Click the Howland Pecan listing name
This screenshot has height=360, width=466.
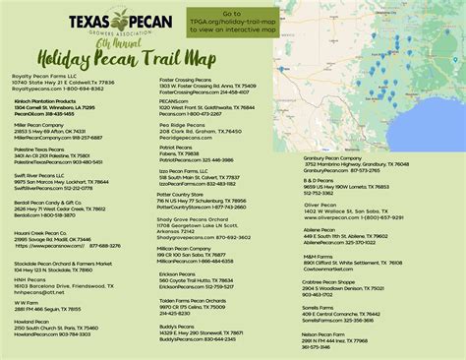pos(30,322)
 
